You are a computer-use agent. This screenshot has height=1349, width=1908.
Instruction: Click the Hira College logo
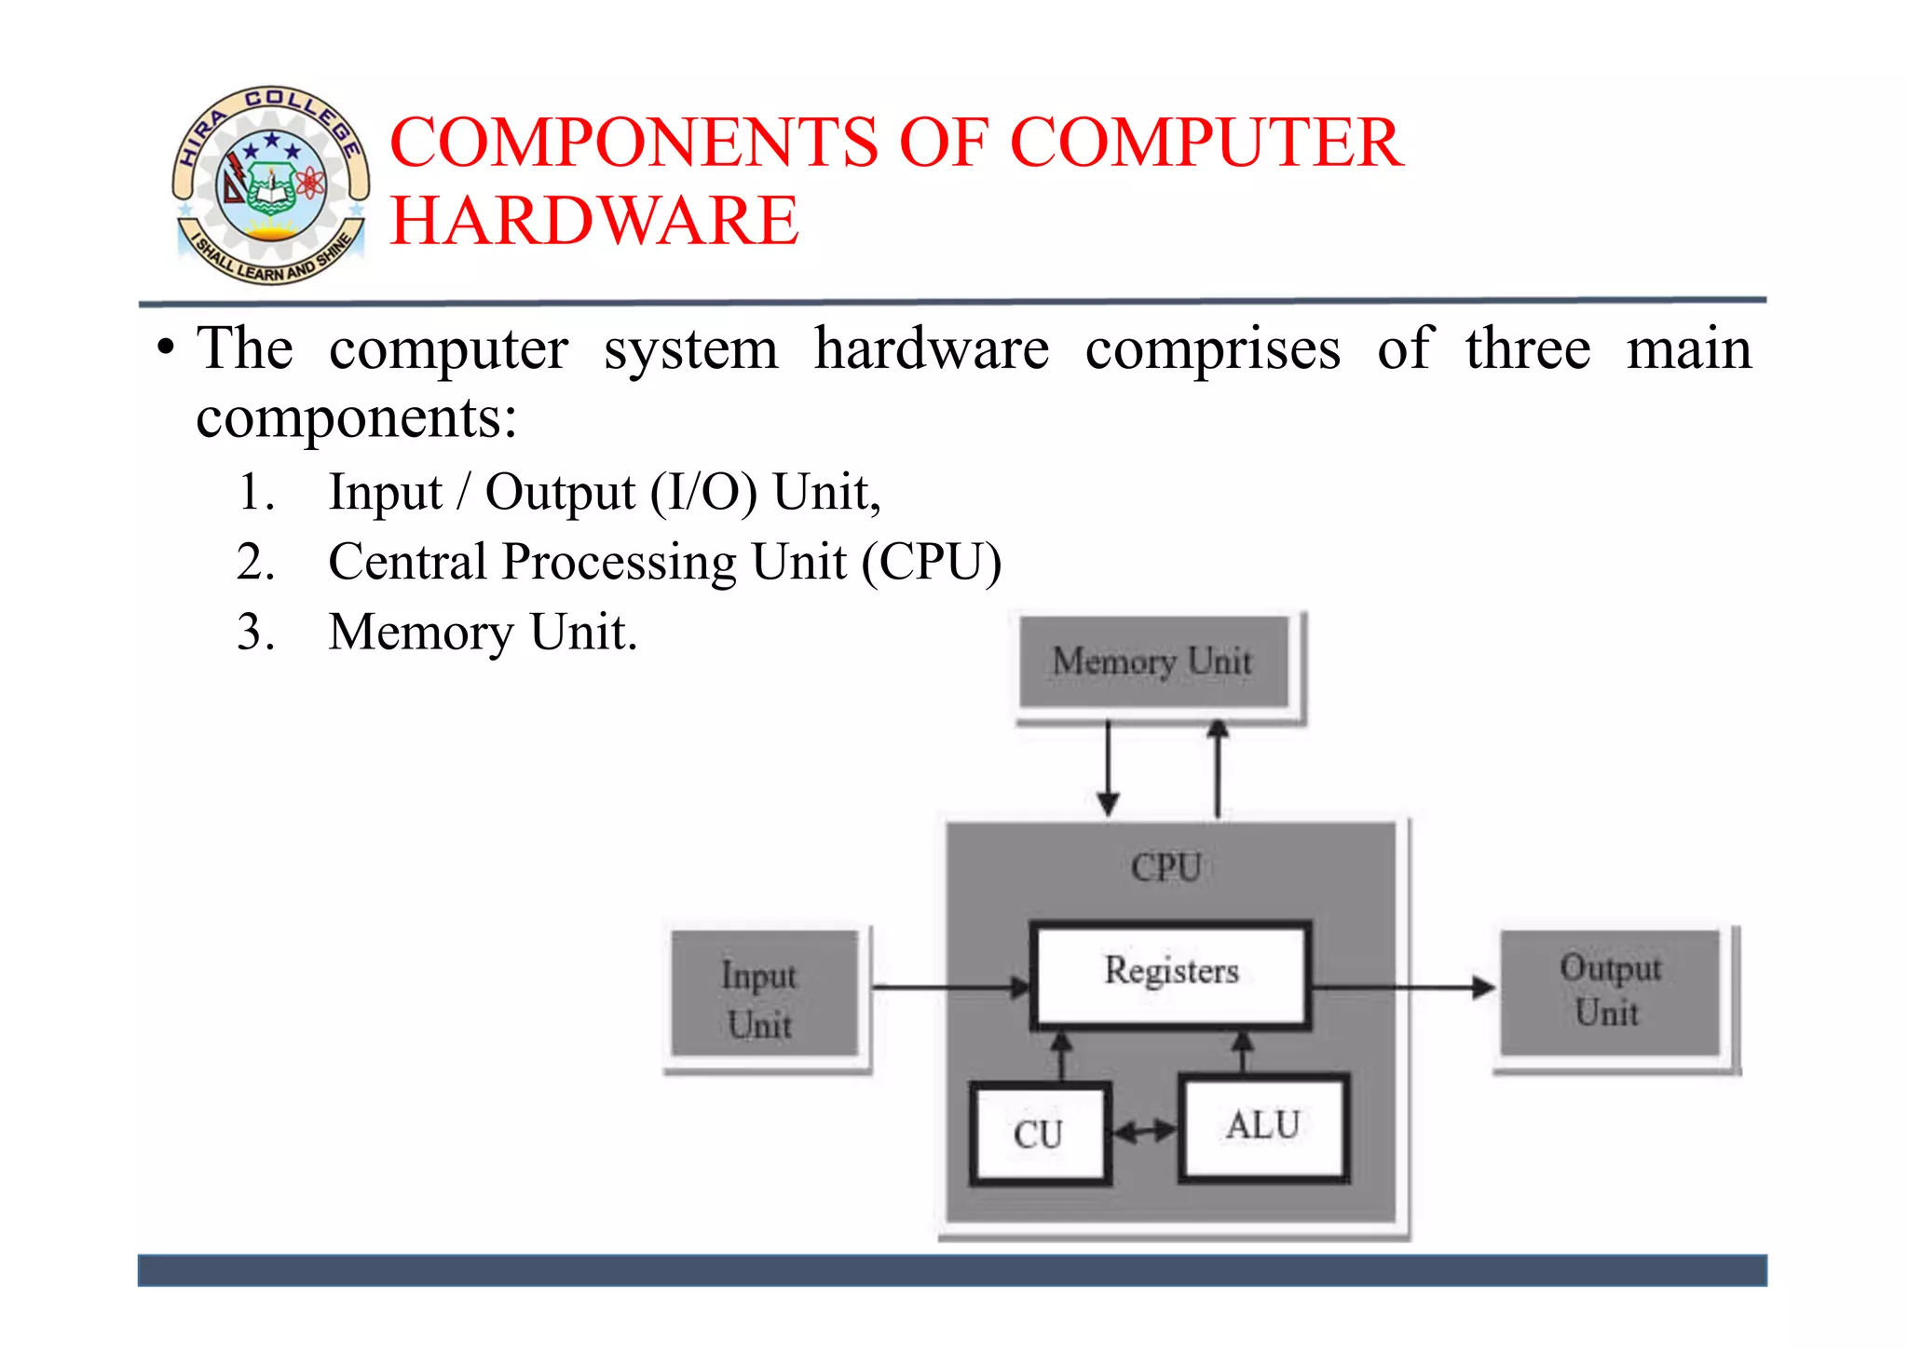[x=270, y=184]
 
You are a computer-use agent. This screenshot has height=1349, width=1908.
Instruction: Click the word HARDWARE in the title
[x=593, y=221]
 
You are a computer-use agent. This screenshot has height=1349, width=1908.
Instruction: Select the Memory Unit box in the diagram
[x=1153, y=661]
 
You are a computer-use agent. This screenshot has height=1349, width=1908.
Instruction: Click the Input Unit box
[x=762, y=995]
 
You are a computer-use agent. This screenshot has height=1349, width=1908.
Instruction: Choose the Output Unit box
[x=1610, y=991]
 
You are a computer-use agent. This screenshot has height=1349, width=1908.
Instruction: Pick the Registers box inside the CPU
[x=1170, y=974]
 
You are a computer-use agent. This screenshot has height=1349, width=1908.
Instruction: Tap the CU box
[x=1038, y=1134]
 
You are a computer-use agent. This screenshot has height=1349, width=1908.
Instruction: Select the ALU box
[x=1262, y=1127]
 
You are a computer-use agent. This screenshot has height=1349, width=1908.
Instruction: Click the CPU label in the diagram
[x=1165, y=867]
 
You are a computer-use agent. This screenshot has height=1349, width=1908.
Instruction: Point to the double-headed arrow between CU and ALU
[x=1145, y=1132]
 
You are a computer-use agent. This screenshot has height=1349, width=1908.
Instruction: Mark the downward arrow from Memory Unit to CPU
[x=1108, y=769]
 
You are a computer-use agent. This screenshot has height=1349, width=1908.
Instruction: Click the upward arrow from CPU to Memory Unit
[x=1218, y=769]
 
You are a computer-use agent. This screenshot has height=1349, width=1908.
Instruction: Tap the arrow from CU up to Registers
[x=1061, y=1055]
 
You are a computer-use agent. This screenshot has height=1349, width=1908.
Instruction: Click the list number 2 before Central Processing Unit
[x=255, y=562]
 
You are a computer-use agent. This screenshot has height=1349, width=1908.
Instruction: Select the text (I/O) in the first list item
[x=703, y=493]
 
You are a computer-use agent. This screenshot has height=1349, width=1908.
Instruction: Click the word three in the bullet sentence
[x=1528, y=349]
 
